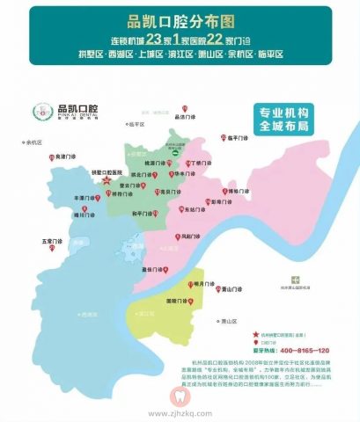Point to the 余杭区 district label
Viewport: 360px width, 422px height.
point(36,141)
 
